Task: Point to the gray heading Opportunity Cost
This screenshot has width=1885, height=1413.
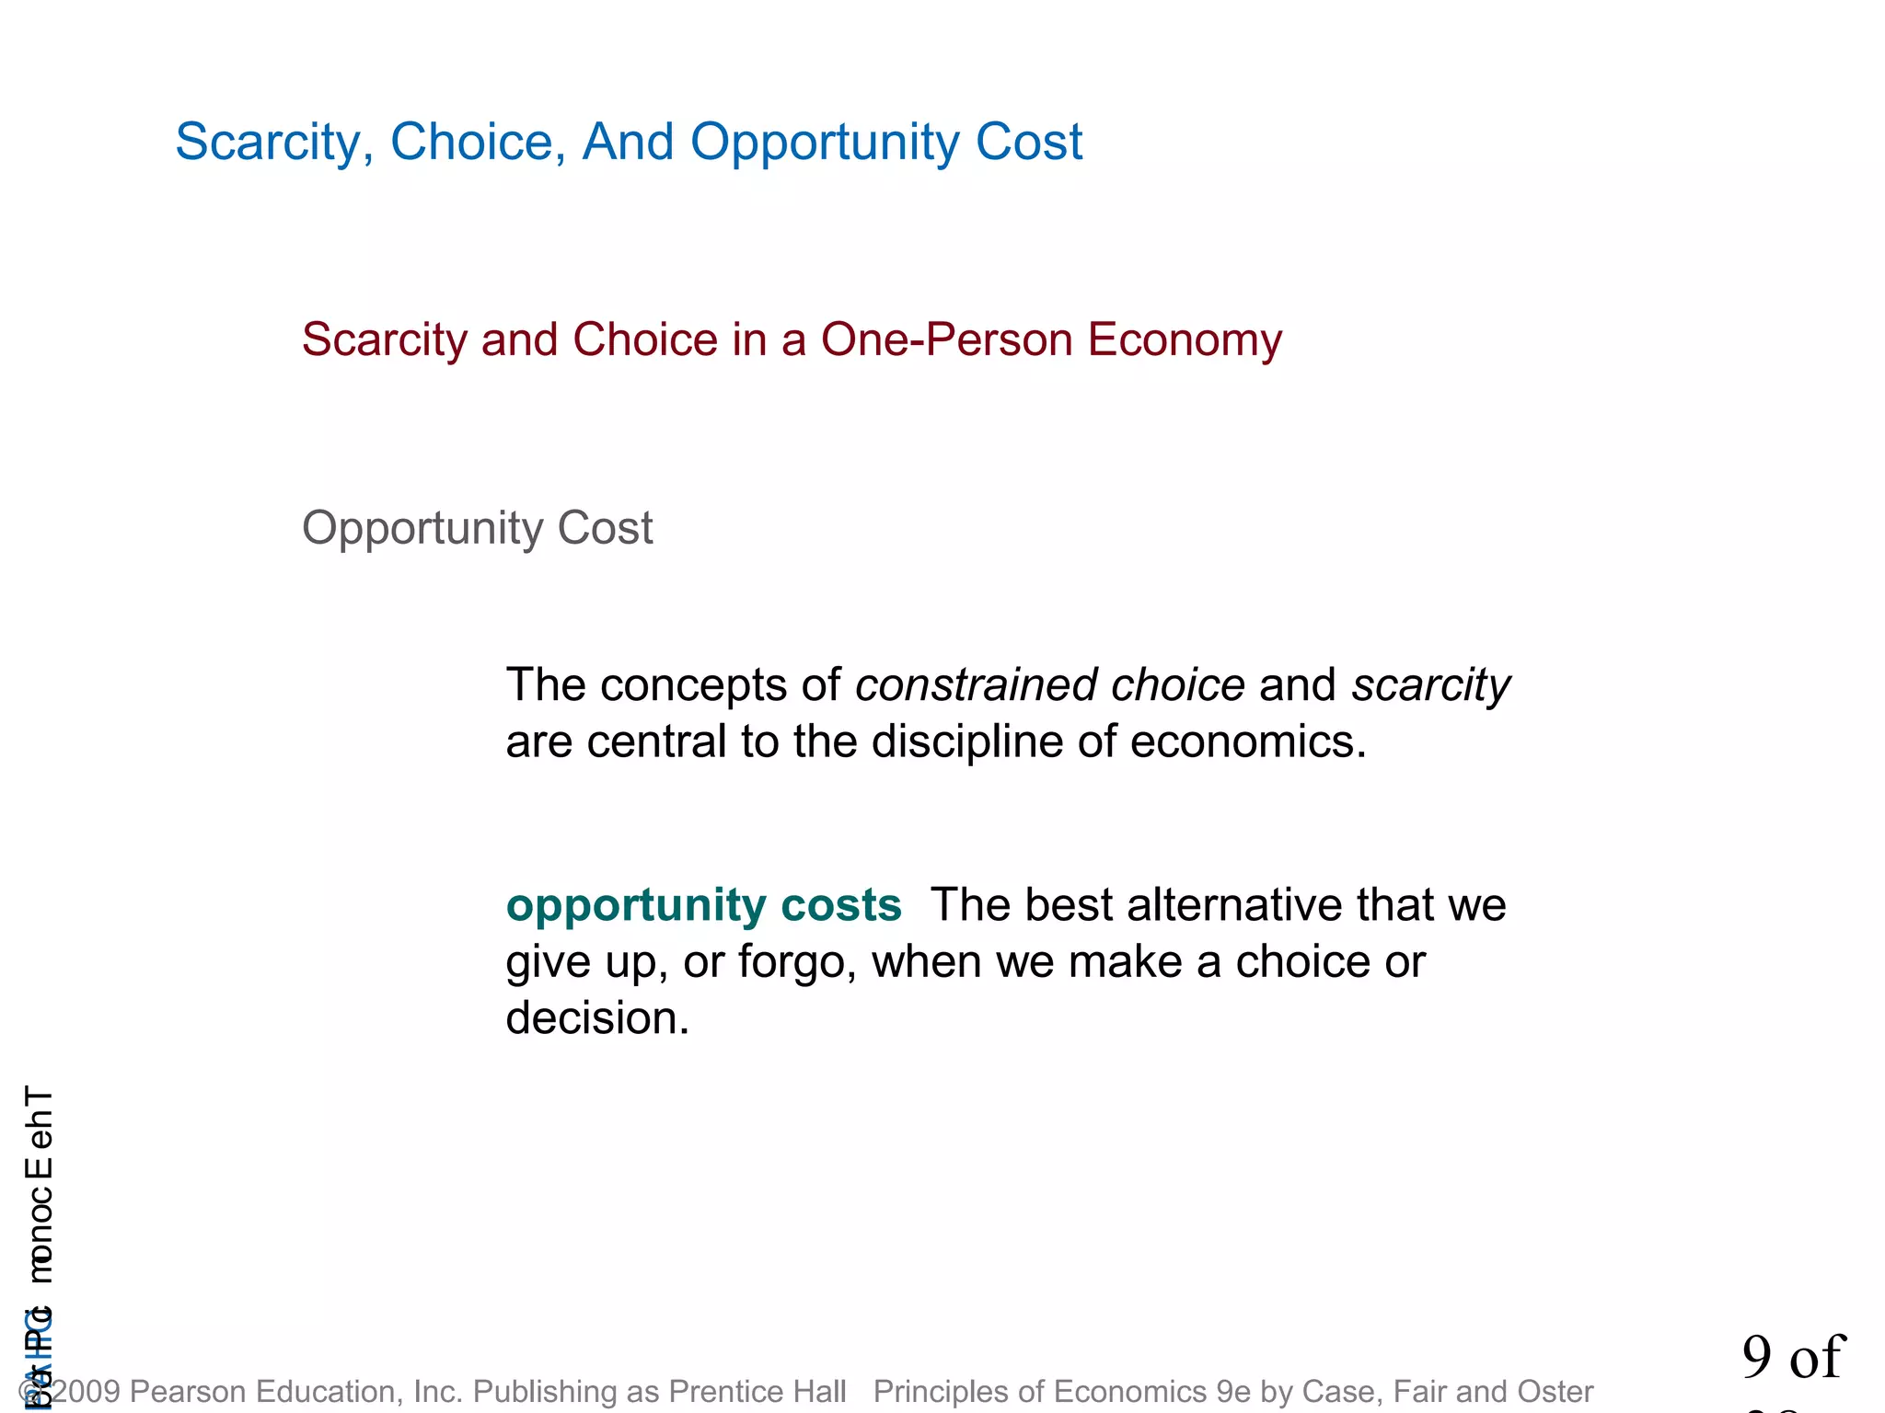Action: click(477, 529)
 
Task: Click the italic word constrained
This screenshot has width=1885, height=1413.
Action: click(975, 685)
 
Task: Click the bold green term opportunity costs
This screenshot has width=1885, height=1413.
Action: click(703, 905)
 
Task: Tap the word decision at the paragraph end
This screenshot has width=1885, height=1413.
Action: click(596, 1019)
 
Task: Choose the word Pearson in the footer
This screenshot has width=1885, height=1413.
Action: click(185, 1391)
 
